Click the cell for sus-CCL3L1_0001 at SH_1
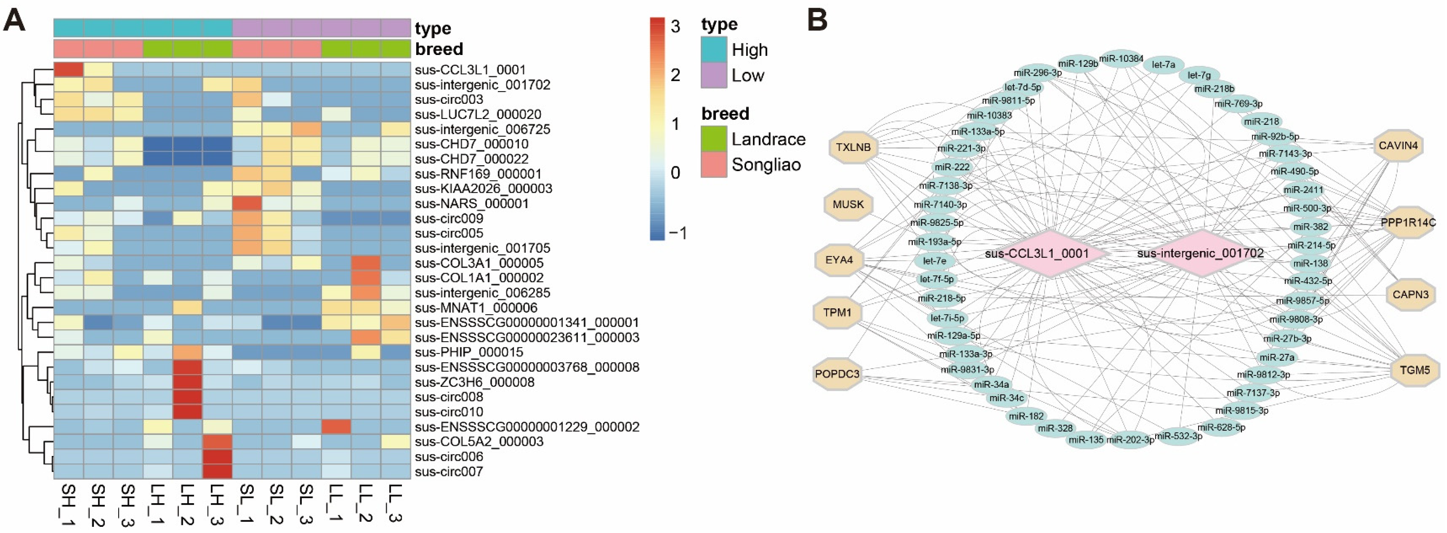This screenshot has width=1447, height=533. point(69,70)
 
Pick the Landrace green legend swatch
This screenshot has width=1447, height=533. point(714,139)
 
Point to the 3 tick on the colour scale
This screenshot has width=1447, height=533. point(675,26)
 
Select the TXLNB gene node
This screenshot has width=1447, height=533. point(853,147)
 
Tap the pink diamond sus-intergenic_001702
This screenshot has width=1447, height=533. point(1200,253)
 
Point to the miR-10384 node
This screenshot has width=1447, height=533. point(1121,58)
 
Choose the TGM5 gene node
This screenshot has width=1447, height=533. point(1414,370)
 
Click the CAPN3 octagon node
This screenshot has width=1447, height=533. point(1410,294)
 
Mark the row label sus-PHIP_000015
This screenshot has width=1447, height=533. point(469,353)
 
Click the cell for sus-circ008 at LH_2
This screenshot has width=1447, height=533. point(188,397)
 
